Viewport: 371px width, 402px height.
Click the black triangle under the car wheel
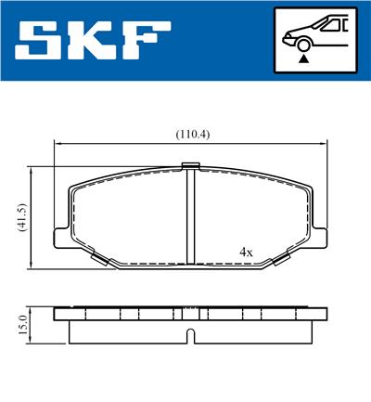(x=304, y=58)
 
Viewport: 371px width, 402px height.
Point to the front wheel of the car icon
(x=303, y=45)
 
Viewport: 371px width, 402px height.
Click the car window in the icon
(x=329, y=25)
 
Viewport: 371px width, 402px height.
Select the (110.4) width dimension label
(x=193, y=135)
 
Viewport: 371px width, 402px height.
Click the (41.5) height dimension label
(x=22, y=217)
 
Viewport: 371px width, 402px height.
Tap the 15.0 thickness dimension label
(x=22, y=324)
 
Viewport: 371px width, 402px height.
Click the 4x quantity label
(x=246, y=253)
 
